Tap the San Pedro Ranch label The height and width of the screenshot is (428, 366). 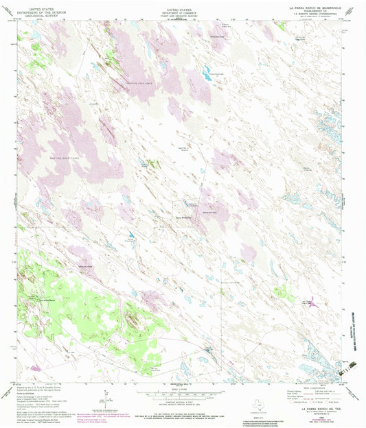tap(45, 301)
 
